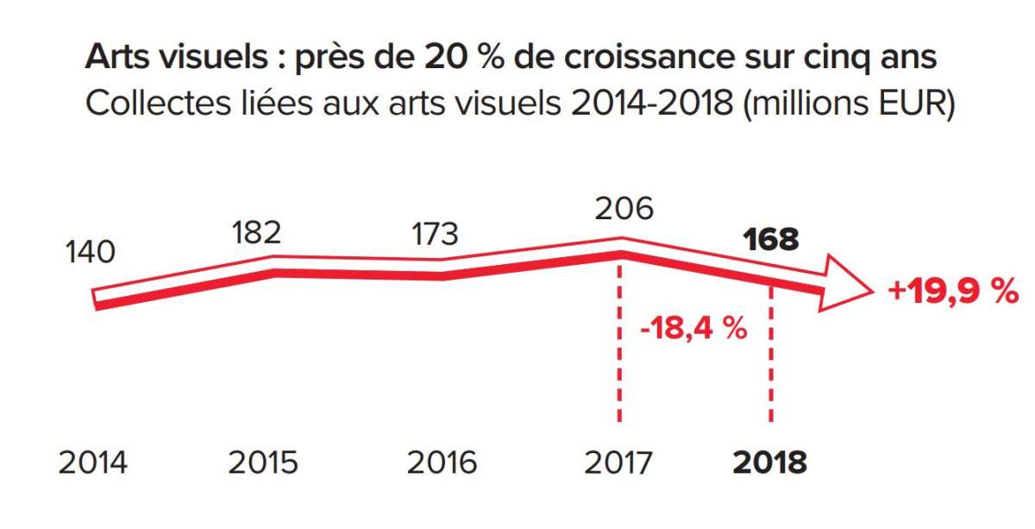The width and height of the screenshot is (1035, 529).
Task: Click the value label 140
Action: click(x=90, y=253)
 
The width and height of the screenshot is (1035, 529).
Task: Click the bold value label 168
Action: click(x=770, y=239)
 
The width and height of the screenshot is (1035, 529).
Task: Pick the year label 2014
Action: click(x=92, y=463)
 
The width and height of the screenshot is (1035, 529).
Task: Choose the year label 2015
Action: click(x=262, y=463)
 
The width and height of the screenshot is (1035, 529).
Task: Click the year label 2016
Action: click(x=442, y=463)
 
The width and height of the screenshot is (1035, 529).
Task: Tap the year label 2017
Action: click(x=619, y=463)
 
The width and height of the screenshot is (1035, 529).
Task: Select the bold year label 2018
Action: click(x=769, y=463)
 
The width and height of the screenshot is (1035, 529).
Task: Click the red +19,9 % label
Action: click(x=953, y=293)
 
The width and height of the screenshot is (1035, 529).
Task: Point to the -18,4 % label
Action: click(x=693, y=329)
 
